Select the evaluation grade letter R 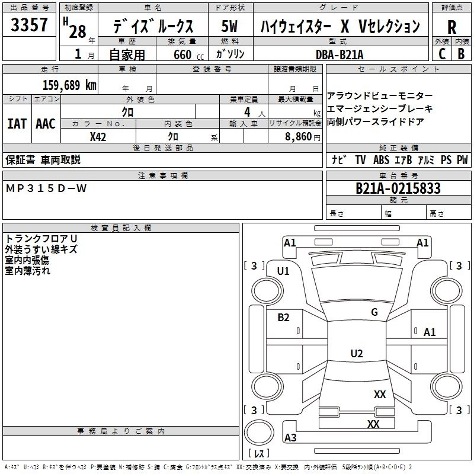coord(451,27)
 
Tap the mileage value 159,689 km coord(69,85)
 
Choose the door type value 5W coord(230,27)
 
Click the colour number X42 coord(98,136)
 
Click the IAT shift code coord(17,124)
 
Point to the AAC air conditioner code coord(46,124)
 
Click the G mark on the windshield coord(374,312)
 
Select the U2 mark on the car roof coord(356,354)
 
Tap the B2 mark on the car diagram coord(284,318)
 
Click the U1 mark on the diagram coord(283,271)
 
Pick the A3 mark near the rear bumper coord(290,438)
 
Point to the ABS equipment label coord(381,159)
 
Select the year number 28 coord(78,31)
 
